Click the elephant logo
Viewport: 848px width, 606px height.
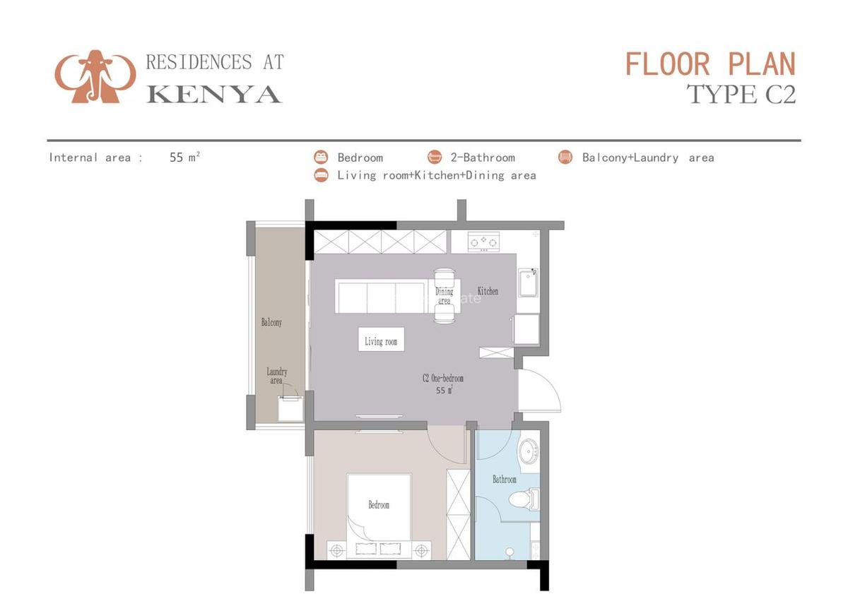95,76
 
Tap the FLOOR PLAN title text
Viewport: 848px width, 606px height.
710,64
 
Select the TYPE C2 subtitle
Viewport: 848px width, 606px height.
741,94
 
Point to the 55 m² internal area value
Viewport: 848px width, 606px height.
184,158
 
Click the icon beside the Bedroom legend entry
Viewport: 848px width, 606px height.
322,158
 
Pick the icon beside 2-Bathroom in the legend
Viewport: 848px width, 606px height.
435,158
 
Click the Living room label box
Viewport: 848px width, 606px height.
381,341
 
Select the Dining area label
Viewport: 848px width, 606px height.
444,296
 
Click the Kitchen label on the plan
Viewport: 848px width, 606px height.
488,291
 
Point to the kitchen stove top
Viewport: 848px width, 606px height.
484,242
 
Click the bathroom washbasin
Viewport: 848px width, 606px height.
529,450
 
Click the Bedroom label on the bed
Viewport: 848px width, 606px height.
379,505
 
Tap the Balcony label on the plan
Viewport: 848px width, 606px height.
271,322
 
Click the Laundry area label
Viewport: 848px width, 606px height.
276,376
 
